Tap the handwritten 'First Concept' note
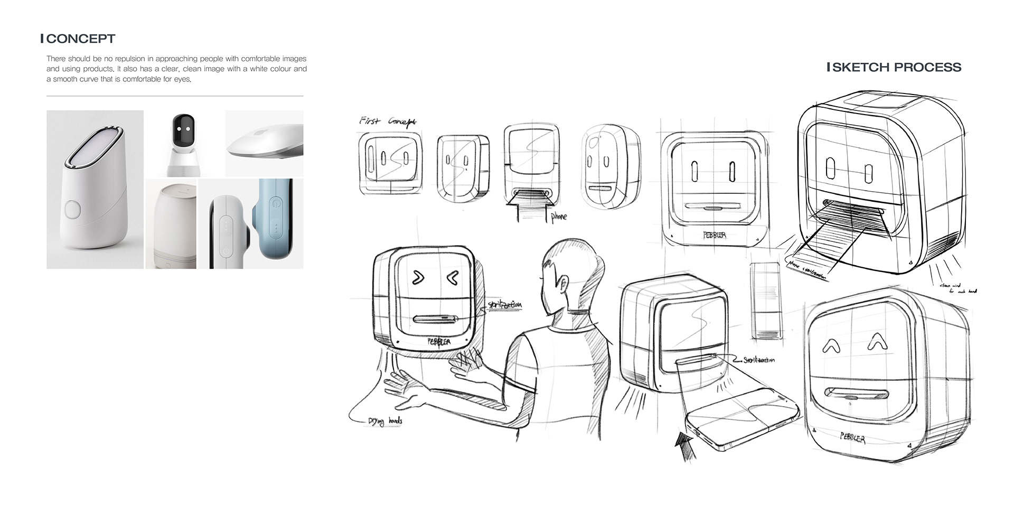[x=387, y=121]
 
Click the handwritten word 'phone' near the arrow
[x=558, y=216]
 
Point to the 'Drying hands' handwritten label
[x=385, y=421]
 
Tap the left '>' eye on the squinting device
[x=418, y=276]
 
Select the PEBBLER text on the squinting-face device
[x=439, y=342]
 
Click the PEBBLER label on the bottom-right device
[x=852, y=438]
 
